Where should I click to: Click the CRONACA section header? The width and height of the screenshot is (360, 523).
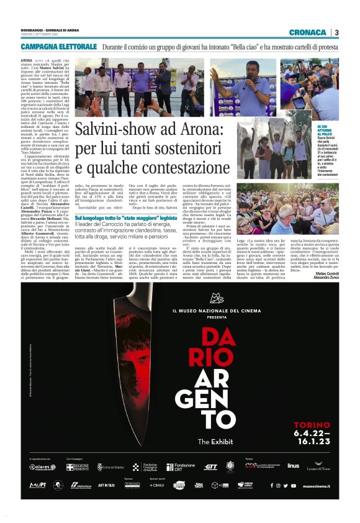[x=307, y=32]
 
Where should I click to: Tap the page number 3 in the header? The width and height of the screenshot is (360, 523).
[x=336, y=32]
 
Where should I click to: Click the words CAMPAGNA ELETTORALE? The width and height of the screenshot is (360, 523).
[x=58, y=47]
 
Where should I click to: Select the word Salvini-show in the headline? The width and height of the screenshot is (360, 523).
[x=115, y=131]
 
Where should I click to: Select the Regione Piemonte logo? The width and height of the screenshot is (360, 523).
[x=77, y=466]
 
